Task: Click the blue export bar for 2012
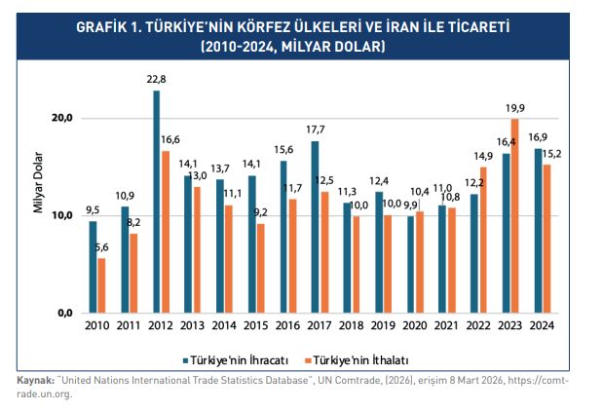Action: point(156,201)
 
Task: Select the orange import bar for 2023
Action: point(515,215)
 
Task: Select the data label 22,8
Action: point(155,80)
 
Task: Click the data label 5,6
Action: point(102,248)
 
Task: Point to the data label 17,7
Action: point(315,130)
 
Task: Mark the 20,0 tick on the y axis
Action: point(63,118)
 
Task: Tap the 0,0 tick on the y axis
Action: point(66,312)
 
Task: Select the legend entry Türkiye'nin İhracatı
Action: point(233,357)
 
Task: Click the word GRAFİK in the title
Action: point(101,28)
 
